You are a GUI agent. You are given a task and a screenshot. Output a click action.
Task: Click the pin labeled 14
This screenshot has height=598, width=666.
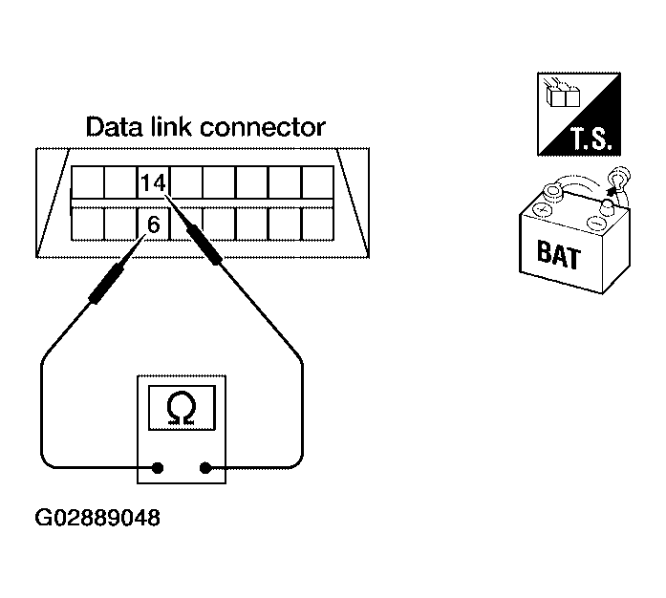(x=153, y=182)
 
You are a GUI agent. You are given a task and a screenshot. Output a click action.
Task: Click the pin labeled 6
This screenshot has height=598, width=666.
(x=153, y=224)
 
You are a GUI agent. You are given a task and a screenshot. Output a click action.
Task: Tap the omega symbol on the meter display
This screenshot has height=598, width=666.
(x=182, y=408)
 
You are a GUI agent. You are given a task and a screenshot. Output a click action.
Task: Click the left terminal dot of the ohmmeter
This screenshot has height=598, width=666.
(x=158, y=468)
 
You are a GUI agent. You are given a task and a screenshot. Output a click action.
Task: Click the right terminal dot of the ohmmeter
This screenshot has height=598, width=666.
(x=205, y=468)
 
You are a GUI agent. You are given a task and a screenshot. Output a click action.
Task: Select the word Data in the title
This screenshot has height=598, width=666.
(x=115, y=126)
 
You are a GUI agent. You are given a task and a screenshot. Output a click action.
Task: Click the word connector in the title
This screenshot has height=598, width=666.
(x=263, y=127)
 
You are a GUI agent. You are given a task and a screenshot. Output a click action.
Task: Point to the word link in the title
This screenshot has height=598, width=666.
(x=172, y=126)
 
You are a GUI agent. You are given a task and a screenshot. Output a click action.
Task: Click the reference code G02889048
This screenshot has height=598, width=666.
(x=97, y=518)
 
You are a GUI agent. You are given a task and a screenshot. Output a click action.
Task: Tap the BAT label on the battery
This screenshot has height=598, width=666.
(x=558, y=254)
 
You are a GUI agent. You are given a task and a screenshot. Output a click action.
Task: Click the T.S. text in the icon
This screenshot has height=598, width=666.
(x=591, y=139)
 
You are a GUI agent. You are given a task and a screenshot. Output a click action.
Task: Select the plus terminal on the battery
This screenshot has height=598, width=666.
(x=542, y=209)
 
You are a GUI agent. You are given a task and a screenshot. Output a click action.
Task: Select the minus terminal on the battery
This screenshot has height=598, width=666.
(x=596, y=223)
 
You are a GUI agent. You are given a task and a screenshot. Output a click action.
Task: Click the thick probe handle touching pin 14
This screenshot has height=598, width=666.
(x=204, y=245)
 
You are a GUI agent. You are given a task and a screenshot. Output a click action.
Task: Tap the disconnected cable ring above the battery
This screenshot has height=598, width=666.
(x=619, y=179)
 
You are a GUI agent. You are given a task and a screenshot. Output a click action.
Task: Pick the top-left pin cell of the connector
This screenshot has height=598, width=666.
(x=88, y=182)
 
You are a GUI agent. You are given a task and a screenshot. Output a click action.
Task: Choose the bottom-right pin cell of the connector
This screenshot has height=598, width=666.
(x=317, y=224)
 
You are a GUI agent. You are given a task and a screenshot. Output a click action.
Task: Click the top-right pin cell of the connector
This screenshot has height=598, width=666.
(x=317, y=182)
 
